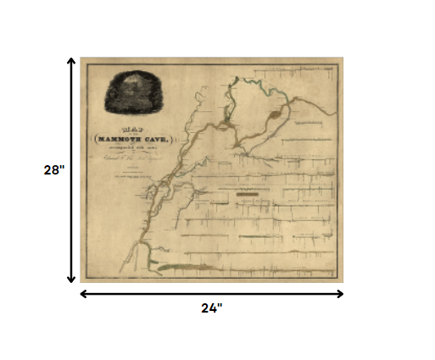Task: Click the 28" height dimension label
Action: [54, 169]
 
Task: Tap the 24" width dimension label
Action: [211, 307]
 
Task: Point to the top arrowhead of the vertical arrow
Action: [71, 61]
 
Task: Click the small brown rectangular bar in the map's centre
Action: [248, 194]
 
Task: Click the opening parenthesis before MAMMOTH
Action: [94, 137]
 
